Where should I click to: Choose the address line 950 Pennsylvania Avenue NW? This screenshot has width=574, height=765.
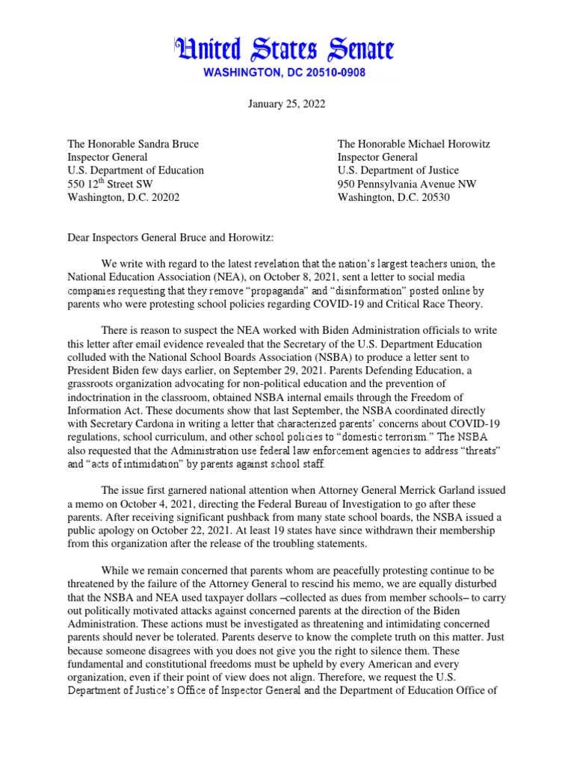407,184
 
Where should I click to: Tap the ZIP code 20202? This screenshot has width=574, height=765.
161,197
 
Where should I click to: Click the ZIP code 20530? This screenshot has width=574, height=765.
431,197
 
